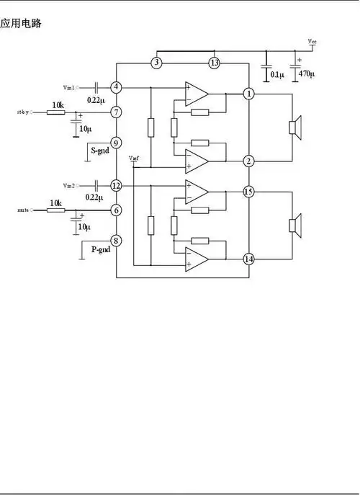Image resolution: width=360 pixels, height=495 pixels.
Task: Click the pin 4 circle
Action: [x=117, y=87]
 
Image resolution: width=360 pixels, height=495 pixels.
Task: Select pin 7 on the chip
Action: [x=117, y=112]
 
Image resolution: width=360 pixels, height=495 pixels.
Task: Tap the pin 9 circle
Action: [x=117, y=143]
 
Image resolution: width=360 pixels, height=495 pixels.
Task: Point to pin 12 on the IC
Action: [x=117, y=186]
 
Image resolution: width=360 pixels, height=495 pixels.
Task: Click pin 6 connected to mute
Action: [x=117, y=210]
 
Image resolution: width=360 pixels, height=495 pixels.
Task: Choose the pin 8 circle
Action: [x=117, y=241]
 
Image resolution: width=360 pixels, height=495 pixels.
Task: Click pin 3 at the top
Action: [x=156, y=63]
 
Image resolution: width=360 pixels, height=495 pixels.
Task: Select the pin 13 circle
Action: [x=214, y=63]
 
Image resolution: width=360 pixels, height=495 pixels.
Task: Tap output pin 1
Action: [x=248, y=94]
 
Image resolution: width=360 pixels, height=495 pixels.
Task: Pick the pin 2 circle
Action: [x=248, y=161]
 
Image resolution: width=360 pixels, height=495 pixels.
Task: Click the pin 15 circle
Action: [x=248, y=192]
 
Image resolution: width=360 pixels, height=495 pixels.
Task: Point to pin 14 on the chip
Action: [x=248, y=259]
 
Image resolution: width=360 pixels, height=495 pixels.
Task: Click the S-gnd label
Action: [x=99, y=151]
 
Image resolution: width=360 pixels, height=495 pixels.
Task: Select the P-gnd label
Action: [x=101, y=249]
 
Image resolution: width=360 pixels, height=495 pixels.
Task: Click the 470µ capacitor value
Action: [x=307, y=74]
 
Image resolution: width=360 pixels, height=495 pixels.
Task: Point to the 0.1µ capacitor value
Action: [x=276, y=74]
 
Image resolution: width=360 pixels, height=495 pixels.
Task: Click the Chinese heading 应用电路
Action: [x=21, y=24]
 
